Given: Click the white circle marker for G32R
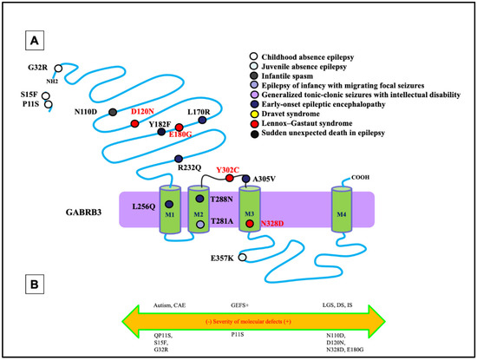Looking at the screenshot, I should (58, 67).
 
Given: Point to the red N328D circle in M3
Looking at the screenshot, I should (250, 224).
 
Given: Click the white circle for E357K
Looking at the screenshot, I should (243, 258).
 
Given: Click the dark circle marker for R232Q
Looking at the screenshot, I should (178, 159).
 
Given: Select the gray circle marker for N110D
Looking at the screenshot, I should (113, 112).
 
